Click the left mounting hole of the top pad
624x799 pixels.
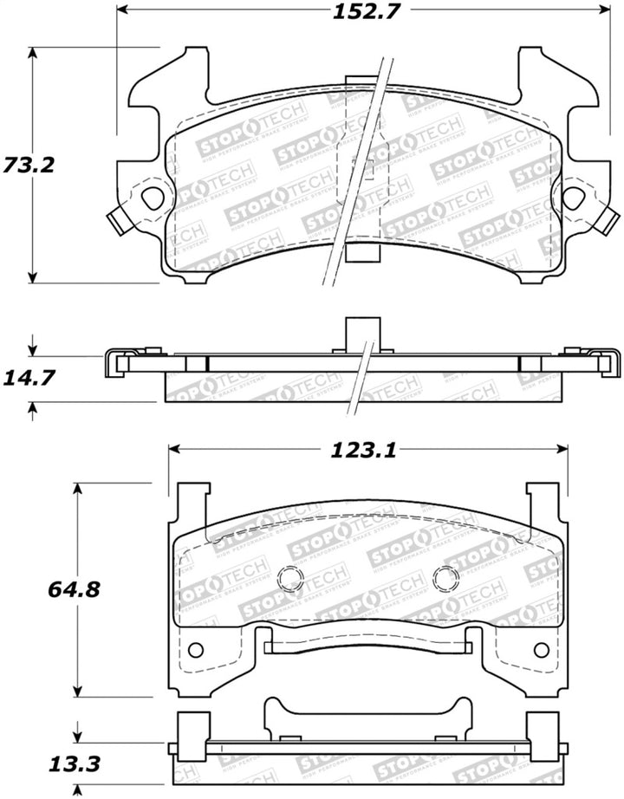pyautogui.click(x=153, y=198)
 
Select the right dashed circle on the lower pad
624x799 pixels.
pyautogui.click(x=445, y=579)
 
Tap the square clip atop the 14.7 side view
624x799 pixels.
pyautogui.click(x=363, y=332)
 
